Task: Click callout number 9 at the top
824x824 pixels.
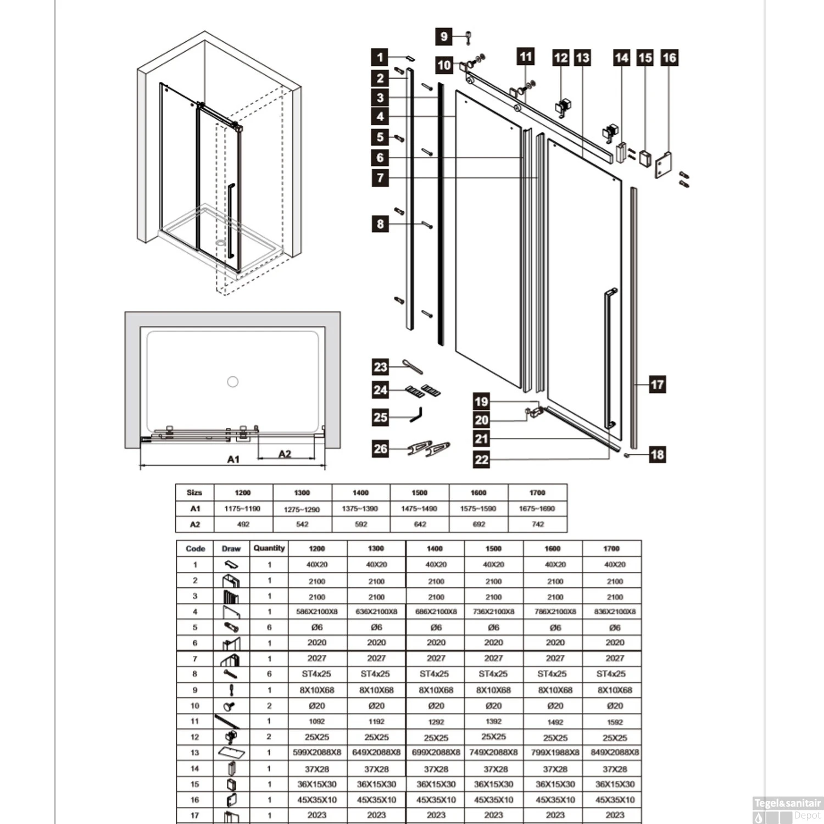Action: [444, 37]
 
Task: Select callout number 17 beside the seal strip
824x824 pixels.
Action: [657, 385]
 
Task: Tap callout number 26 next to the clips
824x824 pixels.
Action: [380, 449]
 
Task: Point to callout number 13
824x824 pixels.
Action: [582, 58]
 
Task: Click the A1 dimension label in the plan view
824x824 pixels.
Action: [233, 459]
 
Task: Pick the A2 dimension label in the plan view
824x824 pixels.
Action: [285, 454]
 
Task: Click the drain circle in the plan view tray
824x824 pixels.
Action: [233, 382]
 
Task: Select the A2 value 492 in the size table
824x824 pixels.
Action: [243, 524]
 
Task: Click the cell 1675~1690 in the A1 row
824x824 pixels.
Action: [537, 509]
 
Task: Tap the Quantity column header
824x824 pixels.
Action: [269, 548]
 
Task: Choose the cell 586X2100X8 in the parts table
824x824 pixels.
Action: [317, 611]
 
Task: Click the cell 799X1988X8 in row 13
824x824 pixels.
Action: [555, 753]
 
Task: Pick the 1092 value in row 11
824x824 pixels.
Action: [317, 721]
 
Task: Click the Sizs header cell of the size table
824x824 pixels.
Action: [194, 492]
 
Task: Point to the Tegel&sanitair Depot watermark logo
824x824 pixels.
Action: [787, 809]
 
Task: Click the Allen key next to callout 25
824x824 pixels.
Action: [416, 415]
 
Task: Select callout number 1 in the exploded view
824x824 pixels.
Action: [380, 57]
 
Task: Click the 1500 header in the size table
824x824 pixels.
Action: [419, 492]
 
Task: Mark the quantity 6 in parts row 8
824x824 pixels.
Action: [269, 674]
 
